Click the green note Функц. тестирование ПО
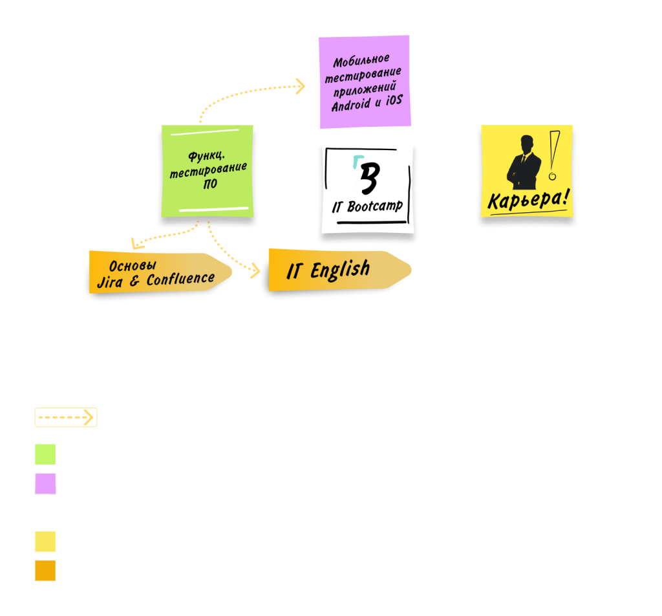point(208,171)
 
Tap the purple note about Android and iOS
point(365,82)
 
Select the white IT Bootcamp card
point(367,188)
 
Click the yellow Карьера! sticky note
point(527,171)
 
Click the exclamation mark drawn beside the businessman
point(553,155)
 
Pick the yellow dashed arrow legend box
point(65,418)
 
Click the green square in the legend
point(45,454)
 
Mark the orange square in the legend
point(45,570)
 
